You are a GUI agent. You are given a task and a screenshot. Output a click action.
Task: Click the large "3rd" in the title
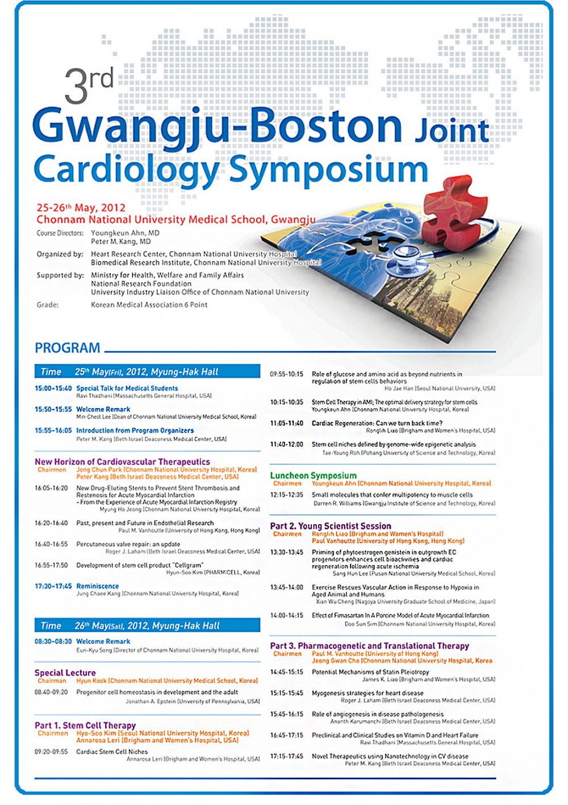tap(89, 85)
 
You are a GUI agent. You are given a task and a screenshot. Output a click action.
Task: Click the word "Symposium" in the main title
tap(328, 169)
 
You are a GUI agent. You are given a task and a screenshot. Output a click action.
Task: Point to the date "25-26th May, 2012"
tap(81, 208)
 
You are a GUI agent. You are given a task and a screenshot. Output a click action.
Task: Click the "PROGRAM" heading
tap(68, 348)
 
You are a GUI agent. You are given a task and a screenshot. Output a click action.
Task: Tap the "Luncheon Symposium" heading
tap(313, 475)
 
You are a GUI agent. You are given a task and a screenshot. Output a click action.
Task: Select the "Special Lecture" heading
tap(65, 673)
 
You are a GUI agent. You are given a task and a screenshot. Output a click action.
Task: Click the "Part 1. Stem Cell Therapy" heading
tap(85, 725)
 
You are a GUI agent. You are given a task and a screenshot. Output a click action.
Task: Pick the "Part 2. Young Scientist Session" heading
tap(331, 526)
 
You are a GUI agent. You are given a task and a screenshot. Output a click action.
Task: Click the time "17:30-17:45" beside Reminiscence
tap(53, 586)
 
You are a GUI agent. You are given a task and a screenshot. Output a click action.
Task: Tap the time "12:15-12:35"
tap(287, 495)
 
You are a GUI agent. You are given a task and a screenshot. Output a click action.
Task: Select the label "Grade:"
tap(48, 305)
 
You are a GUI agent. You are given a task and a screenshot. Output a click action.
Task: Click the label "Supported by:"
tap(60, 275)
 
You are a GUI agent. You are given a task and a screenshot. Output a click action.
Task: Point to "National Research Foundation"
tap(141, 284)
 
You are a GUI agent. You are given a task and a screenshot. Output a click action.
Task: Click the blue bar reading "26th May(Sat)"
tap(147, 625)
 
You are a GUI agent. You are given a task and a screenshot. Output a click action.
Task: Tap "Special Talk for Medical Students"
tap(127, 388)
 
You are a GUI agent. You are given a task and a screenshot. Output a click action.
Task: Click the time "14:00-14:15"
tap(287, 615)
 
